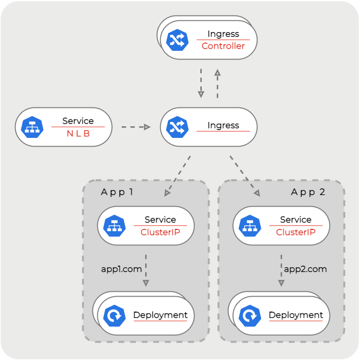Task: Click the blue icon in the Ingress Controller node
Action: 177,40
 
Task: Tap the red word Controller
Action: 223,46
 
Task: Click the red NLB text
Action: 78,134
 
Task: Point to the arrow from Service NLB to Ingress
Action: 135,127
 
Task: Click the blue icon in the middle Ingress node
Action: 177,127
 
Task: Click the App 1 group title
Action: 117,192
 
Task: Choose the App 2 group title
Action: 308,192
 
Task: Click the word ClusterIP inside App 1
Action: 160,232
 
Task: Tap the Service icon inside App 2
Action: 250,226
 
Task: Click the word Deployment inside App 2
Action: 296,315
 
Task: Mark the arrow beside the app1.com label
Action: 146,270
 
